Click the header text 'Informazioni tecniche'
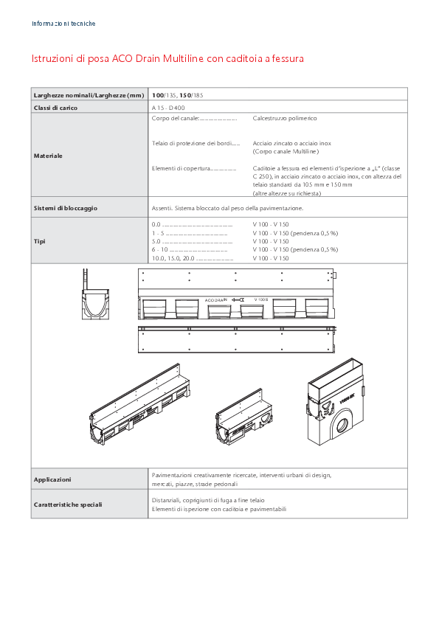[x=63, y=24]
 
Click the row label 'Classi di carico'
[x=55, y=108]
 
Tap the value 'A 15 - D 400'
[x=169, y=108]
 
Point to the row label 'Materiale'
[x=48, y=156]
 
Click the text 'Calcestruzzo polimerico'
[x=285, y=118]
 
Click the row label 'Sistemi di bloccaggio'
[x=66, y=208]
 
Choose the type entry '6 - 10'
[x=160, y=250]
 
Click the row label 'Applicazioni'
[x=52, y=479]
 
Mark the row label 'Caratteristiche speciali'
[x=68, y=505]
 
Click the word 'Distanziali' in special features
[x=166, y=500]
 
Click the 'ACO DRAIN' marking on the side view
[x=216, y=300]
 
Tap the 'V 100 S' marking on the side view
[x=261, y=300]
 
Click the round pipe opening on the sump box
[x=345, y=426]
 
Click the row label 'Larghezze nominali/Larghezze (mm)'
[x=89, y=95]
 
